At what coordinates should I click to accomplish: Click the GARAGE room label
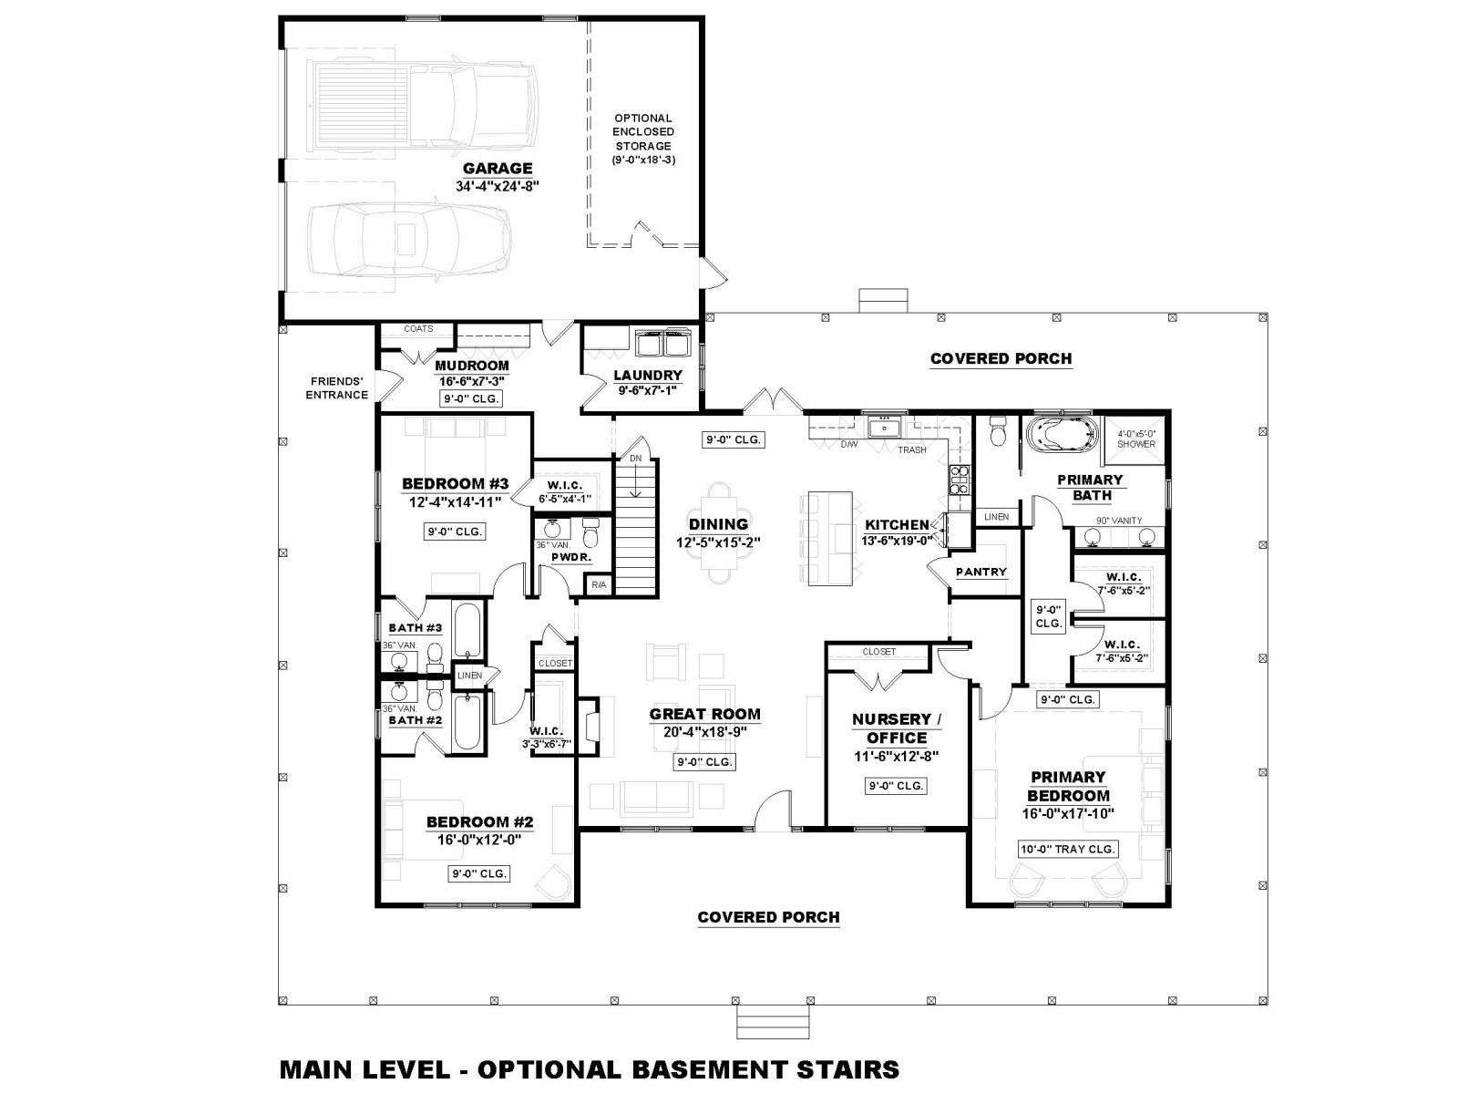point(498,168)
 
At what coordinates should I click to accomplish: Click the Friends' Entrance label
point(337,388)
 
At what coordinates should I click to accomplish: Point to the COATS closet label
point(418,329)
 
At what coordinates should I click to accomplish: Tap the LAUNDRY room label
point(648,376)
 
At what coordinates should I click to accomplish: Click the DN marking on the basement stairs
point(636,459)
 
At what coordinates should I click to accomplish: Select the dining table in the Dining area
point(718,533)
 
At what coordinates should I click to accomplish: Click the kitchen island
point(830,538)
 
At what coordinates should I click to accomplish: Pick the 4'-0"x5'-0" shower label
point(1136,439)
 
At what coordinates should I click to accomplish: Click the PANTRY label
point(981,572)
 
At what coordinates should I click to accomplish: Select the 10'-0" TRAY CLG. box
point(1067,849)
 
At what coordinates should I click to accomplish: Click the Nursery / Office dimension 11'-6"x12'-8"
point(896,756)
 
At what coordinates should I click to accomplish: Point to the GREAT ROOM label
point(704,714)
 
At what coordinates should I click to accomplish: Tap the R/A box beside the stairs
point(599,584)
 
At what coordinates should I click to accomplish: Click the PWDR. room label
point(571,557)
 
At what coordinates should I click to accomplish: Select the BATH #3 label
point(416,628)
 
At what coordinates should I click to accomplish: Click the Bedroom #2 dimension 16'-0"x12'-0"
point(479,839)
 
